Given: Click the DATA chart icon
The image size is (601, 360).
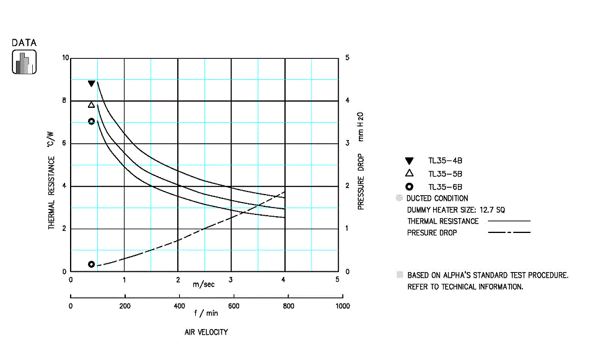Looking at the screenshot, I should click(24, 61).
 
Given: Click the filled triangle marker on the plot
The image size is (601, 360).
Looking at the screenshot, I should click(92, 84).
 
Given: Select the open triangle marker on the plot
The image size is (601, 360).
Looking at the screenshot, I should click(92, 105).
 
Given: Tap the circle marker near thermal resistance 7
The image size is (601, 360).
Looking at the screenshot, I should click(92, 121).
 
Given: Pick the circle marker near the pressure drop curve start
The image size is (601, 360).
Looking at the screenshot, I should click(92, 265).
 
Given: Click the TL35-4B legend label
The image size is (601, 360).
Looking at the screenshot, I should click(445, 160).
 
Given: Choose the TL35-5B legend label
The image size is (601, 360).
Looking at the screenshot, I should click(445, 173).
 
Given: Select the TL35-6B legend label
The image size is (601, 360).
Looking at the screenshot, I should click(445, 187).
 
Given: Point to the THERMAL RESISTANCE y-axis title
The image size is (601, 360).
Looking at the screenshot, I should click(52, 193).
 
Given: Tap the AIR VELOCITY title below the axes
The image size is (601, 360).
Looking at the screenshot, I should click(206, 332).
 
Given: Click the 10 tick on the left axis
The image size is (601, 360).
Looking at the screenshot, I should click(66, 58).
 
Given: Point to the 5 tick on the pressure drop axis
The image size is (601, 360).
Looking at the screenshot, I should click(347, 58).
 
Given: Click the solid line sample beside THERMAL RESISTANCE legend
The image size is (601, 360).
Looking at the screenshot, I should click(509, 221).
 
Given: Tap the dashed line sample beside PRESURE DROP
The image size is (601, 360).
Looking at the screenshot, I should click(509, 233).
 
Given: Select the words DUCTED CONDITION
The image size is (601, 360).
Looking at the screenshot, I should click(437, 198).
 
